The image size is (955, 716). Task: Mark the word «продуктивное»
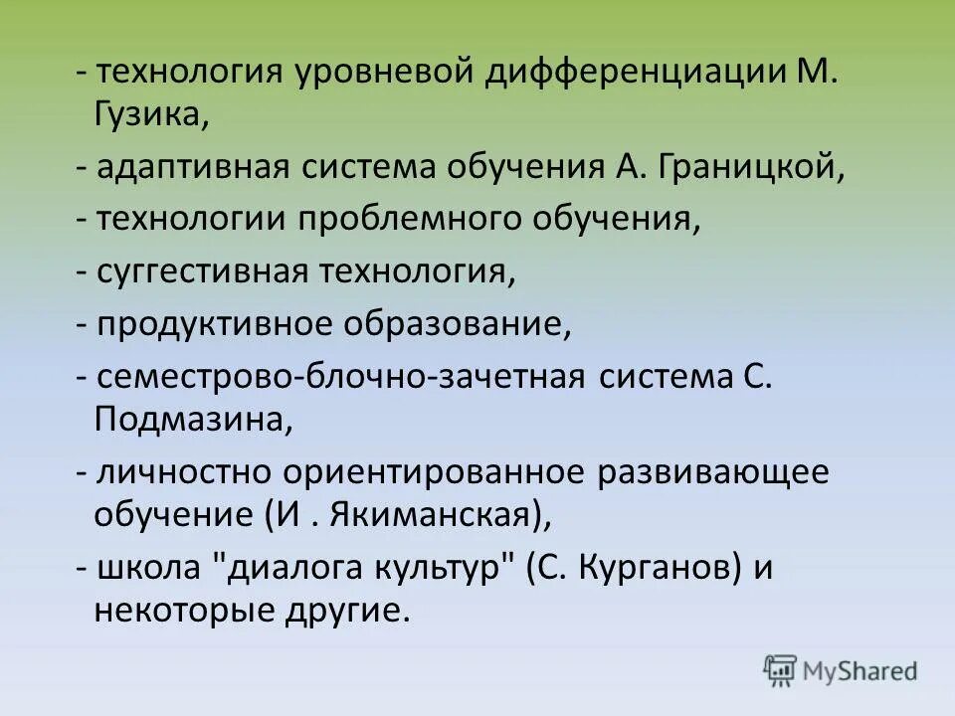(216, 324)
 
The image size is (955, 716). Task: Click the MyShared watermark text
(862, 671)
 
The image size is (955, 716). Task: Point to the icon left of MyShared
(781, 670)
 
